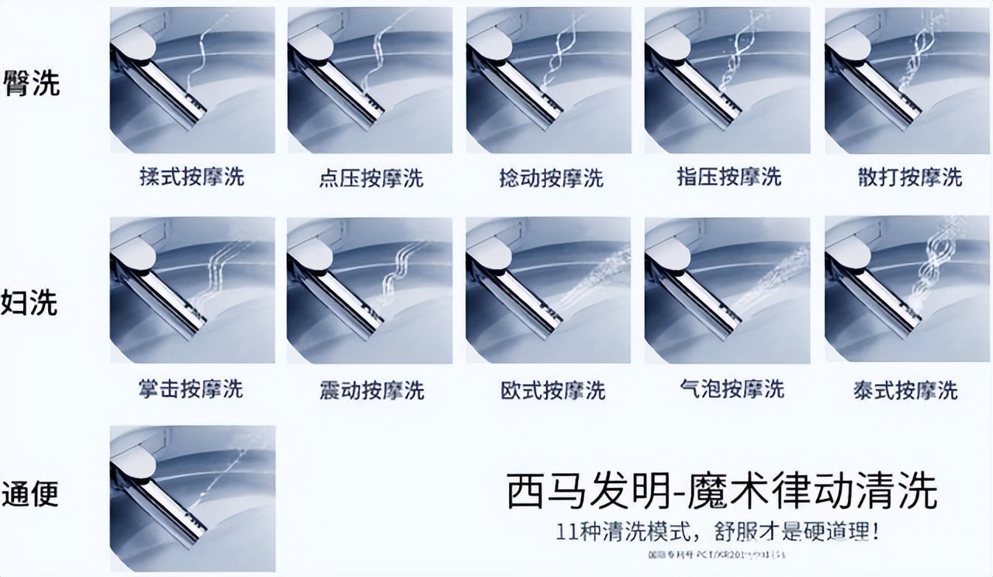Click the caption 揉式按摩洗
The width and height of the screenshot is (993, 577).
pyautogui.click(x=192, y=177)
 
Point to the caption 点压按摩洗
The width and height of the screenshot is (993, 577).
pyautogui.click(x=371, y=178)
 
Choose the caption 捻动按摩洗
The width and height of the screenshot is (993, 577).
pyautogui.click(x=551, y=178)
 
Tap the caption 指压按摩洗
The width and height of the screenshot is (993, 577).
pyautogui.click(x=728, y=177)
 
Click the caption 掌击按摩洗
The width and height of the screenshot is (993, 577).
pyautogui.click(x=191, y=389)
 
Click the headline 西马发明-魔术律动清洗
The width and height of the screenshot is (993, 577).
pyautogui.click(x=721, y=492)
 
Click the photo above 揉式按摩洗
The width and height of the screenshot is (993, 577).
pyautogui.click(x=192, y=81)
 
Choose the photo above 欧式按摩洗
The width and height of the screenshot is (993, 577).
pyautogui.click(x=549, y=290)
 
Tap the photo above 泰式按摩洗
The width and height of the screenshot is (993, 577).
pyautogui.click(x=907, y=290)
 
